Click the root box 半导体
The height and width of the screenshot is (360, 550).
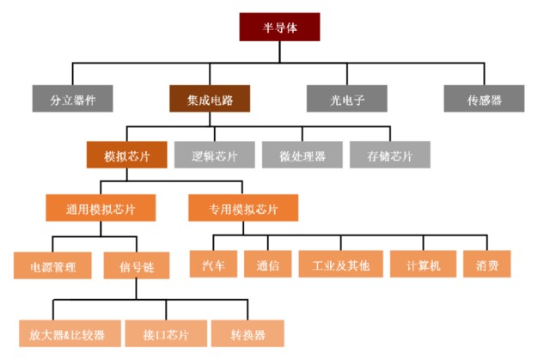279,27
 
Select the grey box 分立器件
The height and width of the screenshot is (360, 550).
73,99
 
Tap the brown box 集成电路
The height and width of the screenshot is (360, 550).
209,99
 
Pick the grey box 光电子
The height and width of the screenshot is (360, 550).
347,99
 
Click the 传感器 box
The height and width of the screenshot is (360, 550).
484,99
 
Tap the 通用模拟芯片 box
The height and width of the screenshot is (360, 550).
99,208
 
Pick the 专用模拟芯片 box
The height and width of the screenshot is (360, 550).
243,208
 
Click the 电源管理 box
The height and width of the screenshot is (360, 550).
53,265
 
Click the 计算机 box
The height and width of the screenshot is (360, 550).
423,265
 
